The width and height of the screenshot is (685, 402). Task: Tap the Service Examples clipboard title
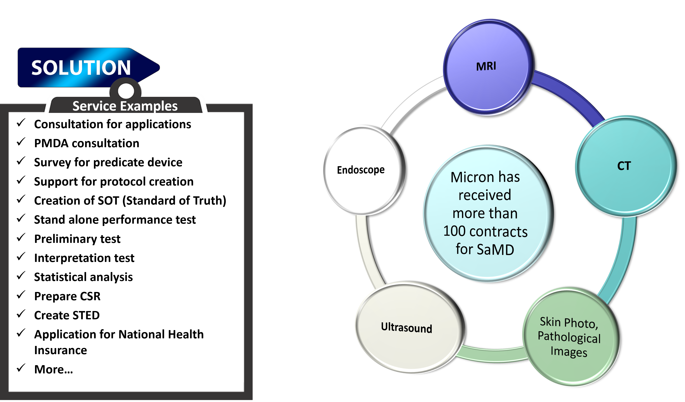point(125,106)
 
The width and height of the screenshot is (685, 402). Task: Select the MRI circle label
point(486,66)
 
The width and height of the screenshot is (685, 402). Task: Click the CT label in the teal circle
point(624,166)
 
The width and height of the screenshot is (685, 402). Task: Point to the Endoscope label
point(361,170)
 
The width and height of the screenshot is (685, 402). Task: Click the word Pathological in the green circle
point(569,337)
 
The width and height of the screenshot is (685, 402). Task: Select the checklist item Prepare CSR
point(67,296)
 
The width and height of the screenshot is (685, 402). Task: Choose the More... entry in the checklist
point(54,369)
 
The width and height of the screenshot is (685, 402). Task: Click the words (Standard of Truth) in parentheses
point(174,201)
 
